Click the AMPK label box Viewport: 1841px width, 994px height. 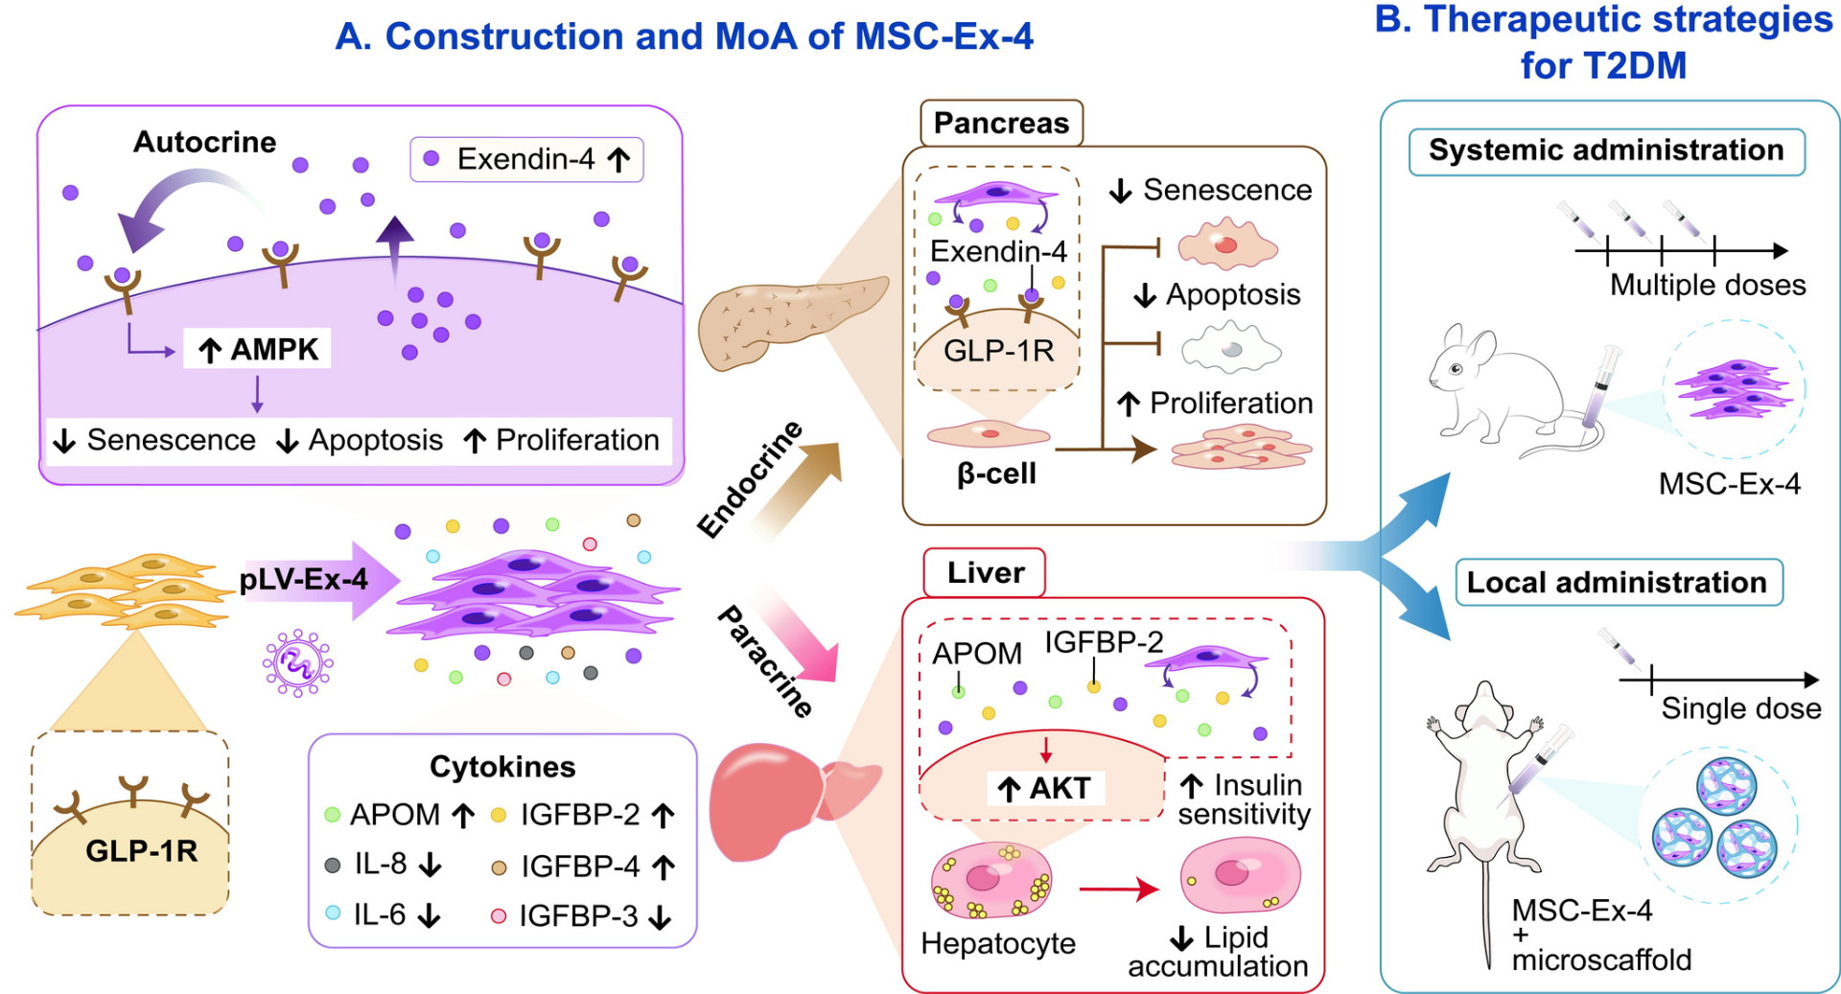[257, 349]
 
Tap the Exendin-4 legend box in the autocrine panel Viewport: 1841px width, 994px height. [526, 159]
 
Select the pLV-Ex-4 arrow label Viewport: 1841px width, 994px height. [304, 579]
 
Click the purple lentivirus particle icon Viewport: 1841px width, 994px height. [298, 662]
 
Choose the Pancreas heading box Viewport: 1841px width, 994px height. [1001, 124]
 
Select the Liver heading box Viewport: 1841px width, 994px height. [985, 573]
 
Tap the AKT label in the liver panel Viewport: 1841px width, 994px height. [1045, 788]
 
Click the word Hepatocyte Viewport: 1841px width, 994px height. [998, 943]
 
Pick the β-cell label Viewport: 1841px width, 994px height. [997, 474]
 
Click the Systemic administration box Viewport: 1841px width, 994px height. [1607, 151]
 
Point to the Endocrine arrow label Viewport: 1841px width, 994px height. [750, 479]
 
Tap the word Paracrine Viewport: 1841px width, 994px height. [765, 661]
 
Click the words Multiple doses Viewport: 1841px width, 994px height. [1708, 285]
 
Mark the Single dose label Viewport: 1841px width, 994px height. [1741, 708]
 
